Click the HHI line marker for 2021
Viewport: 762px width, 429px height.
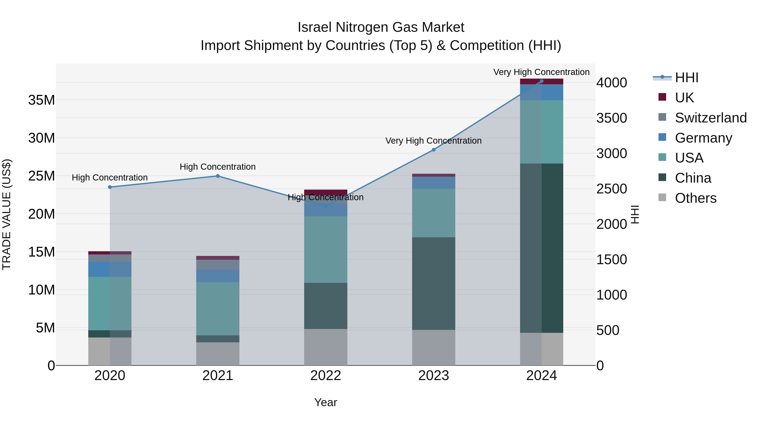point(218,176)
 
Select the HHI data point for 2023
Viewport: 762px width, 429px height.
point(434,150)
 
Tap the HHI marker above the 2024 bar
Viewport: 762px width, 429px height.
point(542,81)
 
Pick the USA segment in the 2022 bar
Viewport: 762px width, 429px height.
point(326,249)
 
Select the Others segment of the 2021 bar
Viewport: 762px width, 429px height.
point(218,354)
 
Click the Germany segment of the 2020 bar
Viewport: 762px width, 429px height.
point(110,269)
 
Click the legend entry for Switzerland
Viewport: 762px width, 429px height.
point(711,118)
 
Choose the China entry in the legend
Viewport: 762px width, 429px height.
point(693,178)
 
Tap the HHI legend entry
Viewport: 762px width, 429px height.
point(686,78)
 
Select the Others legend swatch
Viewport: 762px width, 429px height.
point(662,197)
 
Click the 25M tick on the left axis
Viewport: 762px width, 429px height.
point(41,176)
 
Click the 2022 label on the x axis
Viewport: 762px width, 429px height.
point(326,376)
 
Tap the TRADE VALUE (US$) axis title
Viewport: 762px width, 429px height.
point(7,214)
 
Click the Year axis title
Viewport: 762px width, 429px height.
point(326,402)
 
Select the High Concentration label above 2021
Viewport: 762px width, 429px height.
point(218,167)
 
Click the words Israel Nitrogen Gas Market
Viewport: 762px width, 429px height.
point(381,27)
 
